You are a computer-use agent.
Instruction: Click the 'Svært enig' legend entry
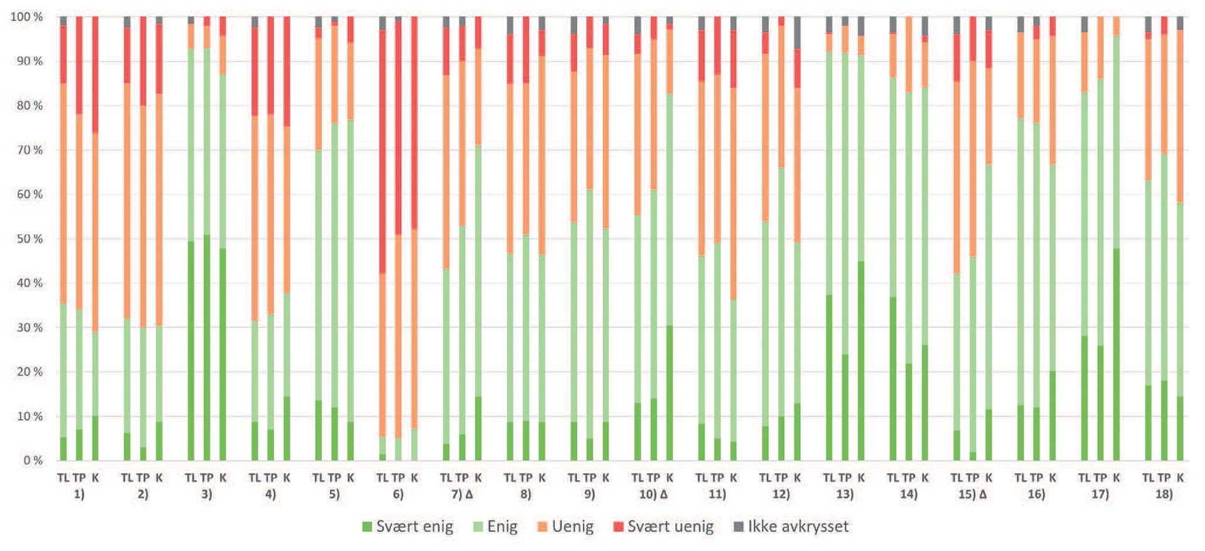(408, 526)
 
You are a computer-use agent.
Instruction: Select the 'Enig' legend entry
(495, 526)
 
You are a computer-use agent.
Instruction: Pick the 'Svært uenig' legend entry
(663, 526)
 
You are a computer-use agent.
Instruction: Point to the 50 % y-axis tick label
(29, 239)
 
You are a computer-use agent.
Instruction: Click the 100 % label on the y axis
(26, 17)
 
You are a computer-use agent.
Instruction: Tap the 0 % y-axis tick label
(33, 461)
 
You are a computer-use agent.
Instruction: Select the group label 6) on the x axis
(398, 494)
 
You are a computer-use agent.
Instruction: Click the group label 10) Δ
(653, 494)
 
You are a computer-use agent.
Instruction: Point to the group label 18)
(1164, 494)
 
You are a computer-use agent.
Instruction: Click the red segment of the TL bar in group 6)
(382, 151)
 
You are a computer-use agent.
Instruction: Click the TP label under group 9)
(589, 478)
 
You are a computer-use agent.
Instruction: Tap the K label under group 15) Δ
(988, 478)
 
